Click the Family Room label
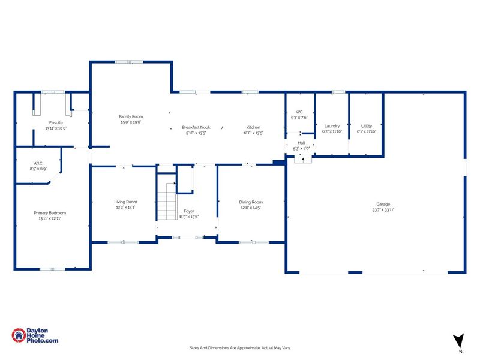tap(131, 116)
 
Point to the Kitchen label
tap(253, 127)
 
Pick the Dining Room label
tap(252, 202)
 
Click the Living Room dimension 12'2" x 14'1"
tap(126, 207)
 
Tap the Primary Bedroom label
tap(50, 213)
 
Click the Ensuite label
tap(56, 122)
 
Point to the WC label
tap(299, 112)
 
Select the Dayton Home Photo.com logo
tap(35, 337)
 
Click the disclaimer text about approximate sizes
tap(240, 347)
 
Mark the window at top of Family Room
tap(129, 61)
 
